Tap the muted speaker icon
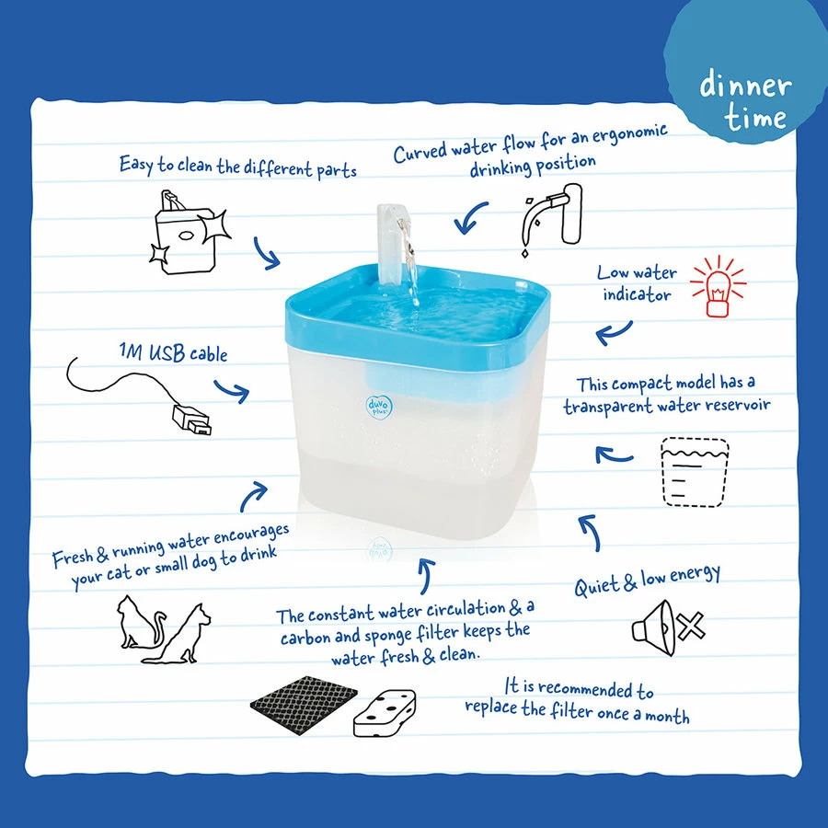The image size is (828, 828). click(669, 627)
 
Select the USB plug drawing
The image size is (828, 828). click(191, 420)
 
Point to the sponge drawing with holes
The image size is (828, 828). click(385, 712)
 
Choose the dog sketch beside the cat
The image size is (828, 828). click(178, 634)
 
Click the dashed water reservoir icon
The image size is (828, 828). click(695, 472)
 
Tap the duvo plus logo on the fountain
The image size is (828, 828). click(379, 406)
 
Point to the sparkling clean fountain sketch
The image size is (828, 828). click(188, 233)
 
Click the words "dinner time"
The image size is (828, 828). click(745, 99)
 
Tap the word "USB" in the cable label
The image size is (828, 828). click(166, 352)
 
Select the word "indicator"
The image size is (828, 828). click(637, 294)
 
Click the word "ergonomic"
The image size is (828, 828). click(629, 134)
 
